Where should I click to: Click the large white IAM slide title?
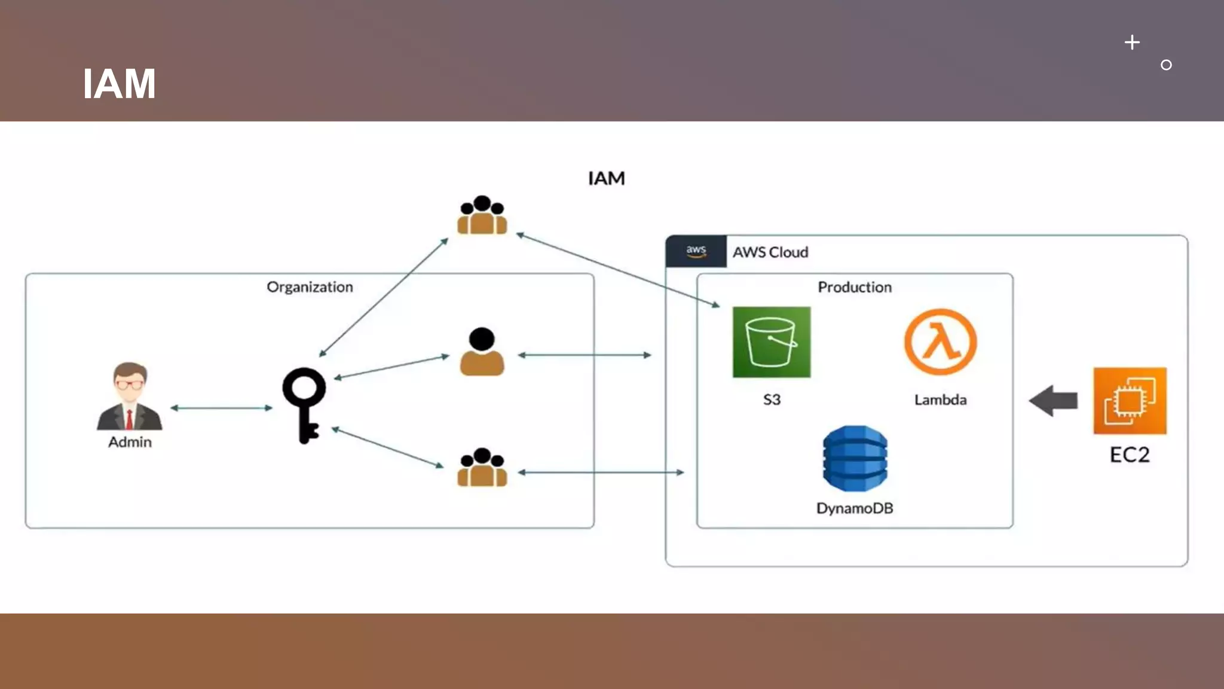(x=119, y=84)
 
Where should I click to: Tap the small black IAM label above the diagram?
(x=606, y=178)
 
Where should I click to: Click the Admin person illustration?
(x=130, y=397)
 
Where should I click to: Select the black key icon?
(x=304, y=404)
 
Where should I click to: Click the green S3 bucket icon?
(x=771, y=342)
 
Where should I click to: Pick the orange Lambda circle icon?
(x=940, y=342)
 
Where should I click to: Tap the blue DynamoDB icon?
(x=855, y=458)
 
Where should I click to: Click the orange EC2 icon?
(x=1130, y=401)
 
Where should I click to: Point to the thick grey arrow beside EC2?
(x=1053, y=401)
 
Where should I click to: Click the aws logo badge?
(x=696, y=251)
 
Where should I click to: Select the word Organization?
(x=310, y=287)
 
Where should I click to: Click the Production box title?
(x=855, y=287)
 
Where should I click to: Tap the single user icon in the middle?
(x=482, y=352)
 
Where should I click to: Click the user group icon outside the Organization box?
(x=482, y=215)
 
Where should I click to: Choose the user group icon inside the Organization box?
(x=482, y=468)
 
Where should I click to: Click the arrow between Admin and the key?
(x=221, y=408)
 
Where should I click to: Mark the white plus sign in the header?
(x=1132, y=42)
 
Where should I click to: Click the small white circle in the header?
(x=1166, y=65)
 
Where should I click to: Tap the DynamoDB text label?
(x=855, y=508)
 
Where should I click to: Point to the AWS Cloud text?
(x=770, y=252)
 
